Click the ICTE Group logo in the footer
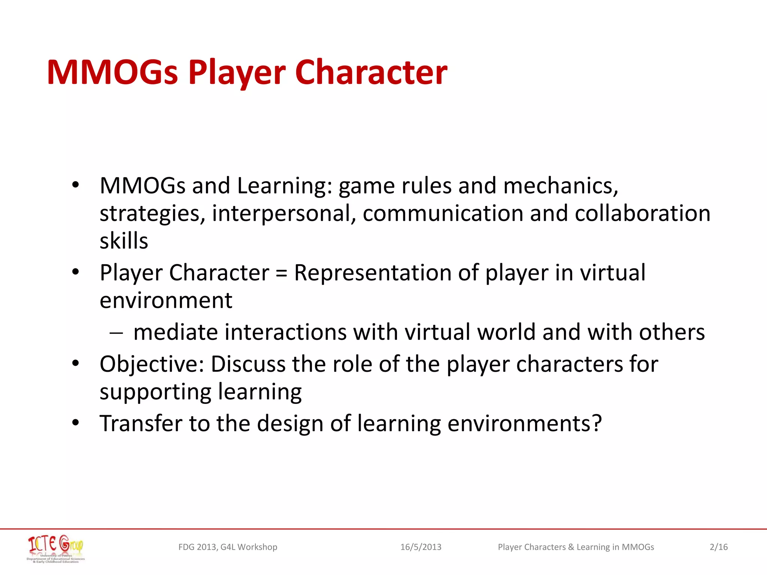click(x=56, y=548)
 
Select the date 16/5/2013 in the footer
click(x=421, y=547)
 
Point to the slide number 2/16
click(x=718, y=547)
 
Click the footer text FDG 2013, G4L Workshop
click(x=228, y=547)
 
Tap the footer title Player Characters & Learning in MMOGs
click(x=576, y=547)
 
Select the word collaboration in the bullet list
click(x=642, y=213)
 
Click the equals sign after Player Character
click(x=281, y=273)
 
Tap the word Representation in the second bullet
click(x=373, y=273)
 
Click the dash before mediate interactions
click(x=116, y=332)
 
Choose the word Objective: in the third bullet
click(x=152, y=364)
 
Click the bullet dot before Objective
click(x=76, y=363)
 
